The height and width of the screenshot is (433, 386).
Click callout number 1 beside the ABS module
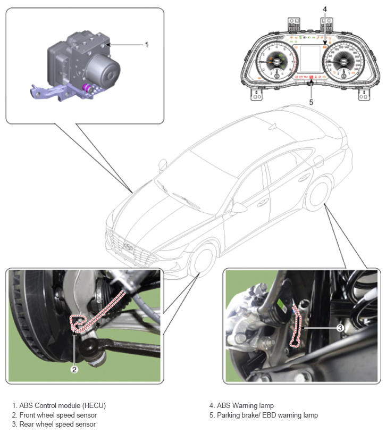point(147,45)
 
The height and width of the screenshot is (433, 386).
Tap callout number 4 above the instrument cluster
point(325,9)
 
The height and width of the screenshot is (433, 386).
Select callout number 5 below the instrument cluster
point(311,102)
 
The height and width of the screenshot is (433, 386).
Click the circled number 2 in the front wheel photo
point(74,369)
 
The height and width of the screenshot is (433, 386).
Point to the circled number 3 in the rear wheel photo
point(340,328)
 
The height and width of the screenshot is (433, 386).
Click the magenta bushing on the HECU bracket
point(88,88)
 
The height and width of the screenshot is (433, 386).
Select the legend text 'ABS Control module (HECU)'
point(63,405)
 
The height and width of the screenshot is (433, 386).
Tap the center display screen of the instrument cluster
point(310,59)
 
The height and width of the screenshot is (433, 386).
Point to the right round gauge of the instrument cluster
point(344,62)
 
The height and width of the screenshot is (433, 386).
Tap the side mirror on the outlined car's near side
point(237,207)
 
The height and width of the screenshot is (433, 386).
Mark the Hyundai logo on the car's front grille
point(128,246)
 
